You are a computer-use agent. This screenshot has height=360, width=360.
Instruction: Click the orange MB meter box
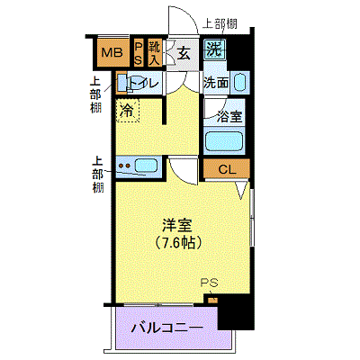click(112, 52)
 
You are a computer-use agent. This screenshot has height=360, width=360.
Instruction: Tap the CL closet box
click(227, 168)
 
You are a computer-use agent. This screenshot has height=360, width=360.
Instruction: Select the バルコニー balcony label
click(166, 328)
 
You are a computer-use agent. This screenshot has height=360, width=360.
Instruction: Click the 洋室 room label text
click(176, 225)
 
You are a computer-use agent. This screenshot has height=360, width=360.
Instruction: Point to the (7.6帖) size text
click(177, 243)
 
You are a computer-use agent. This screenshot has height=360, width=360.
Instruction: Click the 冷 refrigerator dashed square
click(128, 111)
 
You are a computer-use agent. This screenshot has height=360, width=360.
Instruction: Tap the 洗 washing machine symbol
click(215, 49)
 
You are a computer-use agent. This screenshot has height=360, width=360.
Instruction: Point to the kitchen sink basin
click(146, 166)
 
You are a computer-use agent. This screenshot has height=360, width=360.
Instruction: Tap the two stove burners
click(124, 166)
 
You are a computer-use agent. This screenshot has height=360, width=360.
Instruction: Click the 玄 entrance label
click(184, 54)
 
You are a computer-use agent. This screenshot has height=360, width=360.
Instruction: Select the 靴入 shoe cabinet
click(154, 52)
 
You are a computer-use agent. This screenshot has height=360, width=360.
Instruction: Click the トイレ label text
click(143, 83)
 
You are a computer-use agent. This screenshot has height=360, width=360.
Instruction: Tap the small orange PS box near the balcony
click(212, 300)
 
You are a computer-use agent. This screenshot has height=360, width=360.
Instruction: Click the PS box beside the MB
click(139, 52)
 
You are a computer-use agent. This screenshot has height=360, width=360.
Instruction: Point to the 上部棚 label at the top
click(220, 23)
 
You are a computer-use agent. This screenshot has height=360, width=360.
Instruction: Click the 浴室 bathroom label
click(229, 117)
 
